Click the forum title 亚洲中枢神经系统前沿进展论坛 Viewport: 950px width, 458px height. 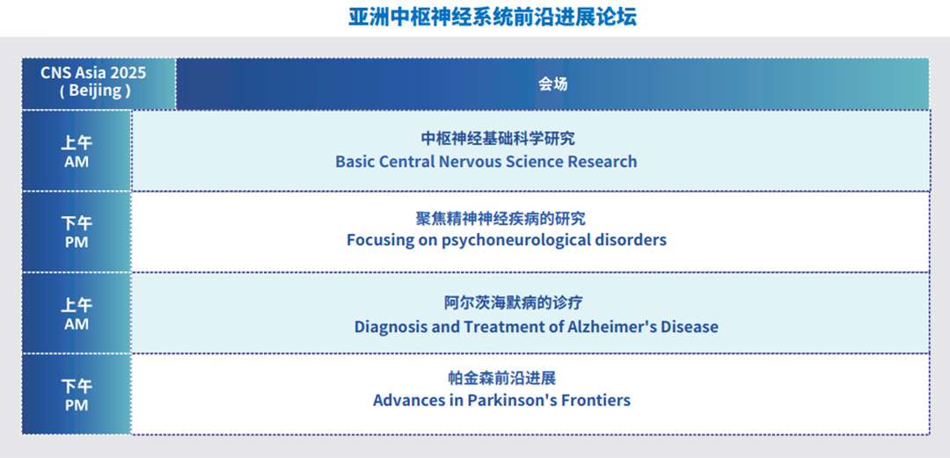click(x=493, y=17)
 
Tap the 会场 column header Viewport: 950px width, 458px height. click(x=552, y=84)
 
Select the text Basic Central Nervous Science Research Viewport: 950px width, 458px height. click(x=486, y=162)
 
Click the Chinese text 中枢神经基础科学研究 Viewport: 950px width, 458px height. click(x=497, y=139)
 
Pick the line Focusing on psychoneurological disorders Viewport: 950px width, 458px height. click(x=507, y=240)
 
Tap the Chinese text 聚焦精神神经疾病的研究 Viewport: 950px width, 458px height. click(x=501, y=218)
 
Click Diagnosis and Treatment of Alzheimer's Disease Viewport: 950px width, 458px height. click(x=537, y=326)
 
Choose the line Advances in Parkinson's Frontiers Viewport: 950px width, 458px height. click(x=501, y=401)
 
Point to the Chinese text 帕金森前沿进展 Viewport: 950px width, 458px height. click(x=501, y=379)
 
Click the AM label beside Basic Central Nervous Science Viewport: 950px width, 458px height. click(x=77, y=163)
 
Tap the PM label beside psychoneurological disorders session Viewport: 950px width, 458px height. click(x=77, y=243)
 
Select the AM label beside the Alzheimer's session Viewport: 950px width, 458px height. click(x=77, y=324)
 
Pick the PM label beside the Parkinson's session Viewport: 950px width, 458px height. click(x=77, y=405)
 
